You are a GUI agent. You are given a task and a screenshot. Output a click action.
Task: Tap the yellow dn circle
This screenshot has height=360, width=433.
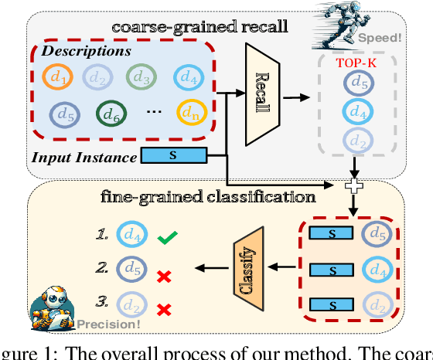tap(189, 114)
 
